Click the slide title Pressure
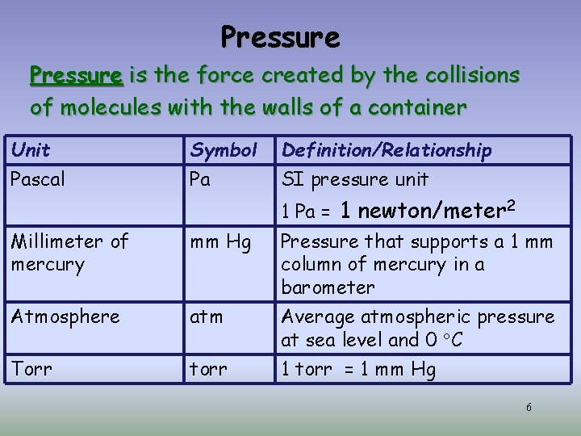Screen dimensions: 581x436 (280, 37)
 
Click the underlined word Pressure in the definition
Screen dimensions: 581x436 (76, 76)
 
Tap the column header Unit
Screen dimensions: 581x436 (31, 150)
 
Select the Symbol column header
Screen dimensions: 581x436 (223, 150)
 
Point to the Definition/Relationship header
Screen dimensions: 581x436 (386, 150)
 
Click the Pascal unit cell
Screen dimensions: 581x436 (38, 179)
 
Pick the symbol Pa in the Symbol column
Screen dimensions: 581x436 (200, 179)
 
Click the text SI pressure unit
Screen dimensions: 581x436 (354, 179)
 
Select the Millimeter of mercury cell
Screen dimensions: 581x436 (69, 253)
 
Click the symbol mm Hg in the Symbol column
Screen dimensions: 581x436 (219, 241)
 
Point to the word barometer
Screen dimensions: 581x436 (328, 287)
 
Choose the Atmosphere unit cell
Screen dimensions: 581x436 (65, 317)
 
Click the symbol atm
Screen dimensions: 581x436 (206, 317)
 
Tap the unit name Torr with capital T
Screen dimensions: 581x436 (31, 370)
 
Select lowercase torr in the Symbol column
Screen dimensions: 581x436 (207, 370)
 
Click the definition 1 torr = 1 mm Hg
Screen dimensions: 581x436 (358, 370)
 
